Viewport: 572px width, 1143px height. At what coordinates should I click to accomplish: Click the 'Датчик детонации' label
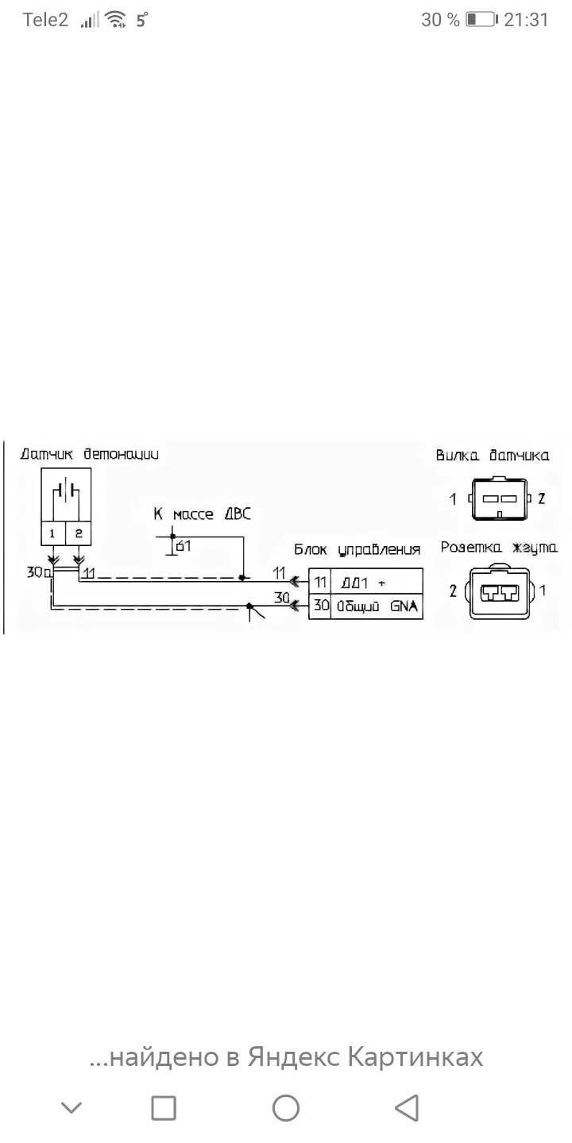[89, 455]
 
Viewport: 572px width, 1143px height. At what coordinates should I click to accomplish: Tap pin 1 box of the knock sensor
[52, 533]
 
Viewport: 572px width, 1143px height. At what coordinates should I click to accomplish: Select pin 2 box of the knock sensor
[78, 533]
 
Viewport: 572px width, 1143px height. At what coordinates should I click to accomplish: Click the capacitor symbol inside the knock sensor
[65, 489]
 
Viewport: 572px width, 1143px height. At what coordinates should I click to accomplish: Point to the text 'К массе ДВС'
[202, 514]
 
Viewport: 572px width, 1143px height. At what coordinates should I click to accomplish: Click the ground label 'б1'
[184, 546]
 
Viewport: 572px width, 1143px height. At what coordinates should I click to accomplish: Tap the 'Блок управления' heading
[357, 550]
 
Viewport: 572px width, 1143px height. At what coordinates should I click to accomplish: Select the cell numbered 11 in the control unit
[320, 582]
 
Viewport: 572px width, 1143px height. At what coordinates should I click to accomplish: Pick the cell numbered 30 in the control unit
[320, 607]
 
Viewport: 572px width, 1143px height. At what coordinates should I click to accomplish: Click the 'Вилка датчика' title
[493, 456]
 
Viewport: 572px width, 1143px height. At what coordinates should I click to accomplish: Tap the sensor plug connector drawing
[497, 499]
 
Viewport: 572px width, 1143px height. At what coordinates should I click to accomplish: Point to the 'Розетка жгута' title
[499, 548]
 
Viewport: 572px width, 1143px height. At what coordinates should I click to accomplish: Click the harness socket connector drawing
[498, 591]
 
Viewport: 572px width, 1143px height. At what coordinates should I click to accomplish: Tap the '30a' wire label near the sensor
[37, 571]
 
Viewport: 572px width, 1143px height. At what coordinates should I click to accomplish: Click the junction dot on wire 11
[242, 577]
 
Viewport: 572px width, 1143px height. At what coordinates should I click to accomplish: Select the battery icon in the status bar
[481, 20]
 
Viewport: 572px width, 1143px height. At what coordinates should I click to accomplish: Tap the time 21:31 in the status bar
[526, 20]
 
